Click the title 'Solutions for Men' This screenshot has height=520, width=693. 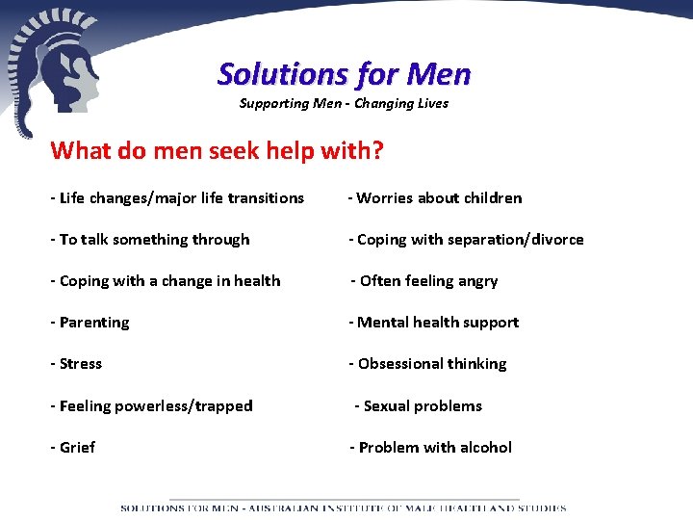coord(344,73)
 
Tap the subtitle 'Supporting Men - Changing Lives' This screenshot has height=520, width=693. coord(344,103)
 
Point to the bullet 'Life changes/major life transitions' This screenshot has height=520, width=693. coord(177,198)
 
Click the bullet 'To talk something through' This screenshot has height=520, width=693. coord(150,240)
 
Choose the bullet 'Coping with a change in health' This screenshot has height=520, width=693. coord(166,281)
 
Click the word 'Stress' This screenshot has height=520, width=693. coord(81,364)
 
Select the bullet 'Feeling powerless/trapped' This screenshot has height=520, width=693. coord(152,406)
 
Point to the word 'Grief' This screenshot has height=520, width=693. coord(77,448)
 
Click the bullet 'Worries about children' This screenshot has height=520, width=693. coord(435,198)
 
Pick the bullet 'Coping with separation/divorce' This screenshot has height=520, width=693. coord(466,240)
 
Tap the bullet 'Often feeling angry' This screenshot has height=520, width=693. coord(424,281)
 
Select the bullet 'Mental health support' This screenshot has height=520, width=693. coord(434,323)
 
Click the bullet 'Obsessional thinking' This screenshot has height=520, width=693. coord(427,364)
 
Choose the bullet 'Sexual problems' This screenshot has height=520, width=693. coord(419,406)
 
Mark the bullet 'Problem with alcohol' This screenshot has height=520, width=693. coord(431,448)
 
